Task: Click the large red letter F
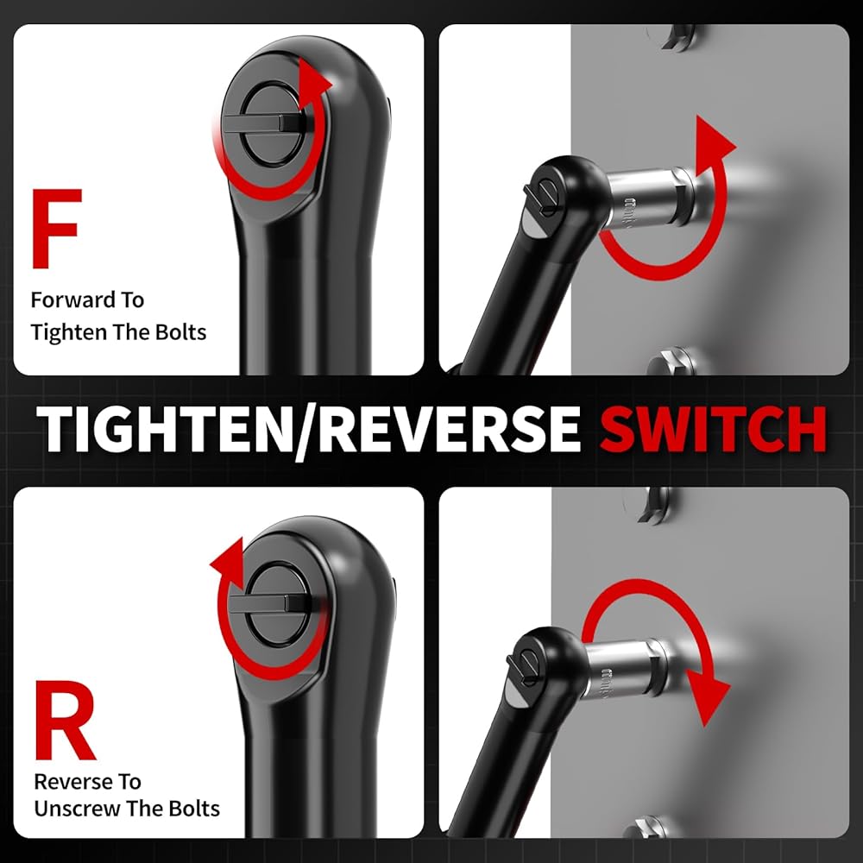[x=56, y=229]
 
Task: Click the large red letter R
[x=65, y=720]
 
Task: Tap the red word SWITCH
[x=713, y=430]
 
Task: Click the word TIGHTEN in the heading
[x=165, y=430]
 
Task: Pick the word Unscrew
[x=77, y=809]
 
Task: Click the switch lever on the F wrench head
[x=261, y=123]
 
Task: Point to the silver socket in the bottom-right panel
[x=627, y=669]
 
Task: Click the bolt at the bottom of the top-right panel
[x=671, y=361]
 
